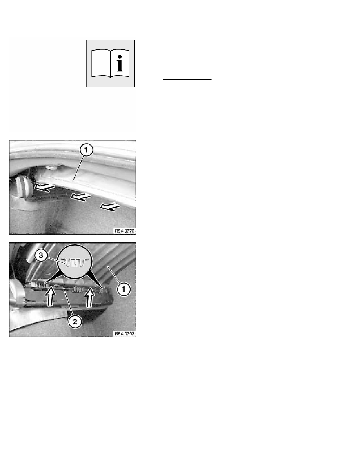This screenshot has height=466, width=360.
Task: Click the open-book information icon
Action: coord(110,63)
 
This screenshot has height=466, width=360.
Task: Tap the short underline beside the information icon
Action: coord(187,79)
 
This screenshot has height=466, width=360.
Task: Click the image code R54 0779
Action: coord(124,231)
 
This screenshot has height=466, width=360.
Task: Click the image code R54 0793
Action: coord(124,334)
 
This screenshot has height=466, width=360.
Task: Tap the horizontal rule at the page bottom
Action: coord(180,446)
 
